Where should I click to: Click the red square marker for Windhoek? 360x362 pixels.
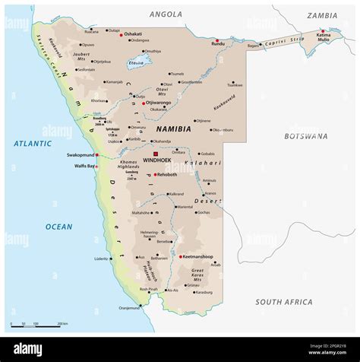tap(156, 154)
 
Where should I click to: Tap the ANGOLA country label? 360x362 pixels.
tap(166, 14)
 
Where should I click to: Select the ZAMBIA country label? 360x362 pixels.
tap(321, 15)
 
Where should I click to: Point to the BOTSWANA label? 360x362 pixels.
tap(306, 136)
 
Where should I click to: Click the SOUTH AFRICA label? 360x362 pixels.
tap(284, 302)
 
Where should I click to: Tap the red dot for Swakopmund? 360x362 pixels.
tap(96, 154)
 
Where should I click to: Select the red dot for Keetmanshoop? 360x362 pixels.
tap(181, 257)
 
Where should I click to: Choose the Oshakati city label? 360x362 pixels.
tap(133, 34)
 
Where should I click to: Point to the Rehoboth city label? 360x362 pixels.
tap(169, 175)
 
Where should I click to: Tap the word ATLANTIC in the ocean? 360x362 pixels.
tap(32, 143)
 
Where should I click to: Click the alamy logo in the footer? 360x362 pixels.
tap(28, 349)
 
